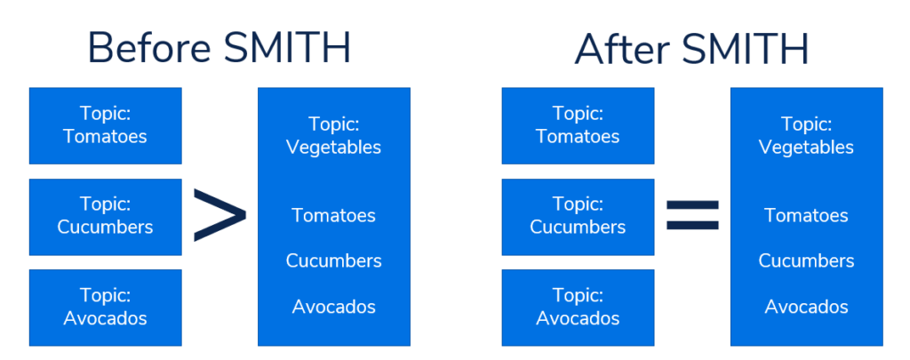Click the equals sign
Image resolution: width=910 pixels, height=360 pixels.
click(x=692, y=215)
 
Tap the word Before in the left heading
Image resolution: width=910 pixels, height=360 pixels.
click(x=148, y=48)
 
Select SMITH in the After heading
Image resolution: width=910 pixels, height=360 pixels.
click(x=745, y=48)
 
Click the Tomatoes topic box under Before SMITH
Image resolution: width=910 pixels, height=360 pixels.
click(x=106, y=125)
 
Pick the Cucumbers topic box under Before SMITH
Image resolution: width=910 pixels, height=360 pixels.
click(x=106, y=217)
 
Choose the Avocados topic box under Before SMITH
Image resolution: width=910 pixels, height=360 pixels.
click(x=106, y=308)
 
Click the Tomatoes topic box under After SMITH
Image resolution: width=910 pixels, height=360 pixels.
click(x=578, y=125)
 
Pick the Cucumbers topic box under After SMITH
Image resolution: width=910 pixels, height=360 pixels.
click(x=578, y=217)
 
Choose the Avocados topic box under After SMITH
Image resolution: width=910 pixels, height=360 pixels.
click(x=578, y=308)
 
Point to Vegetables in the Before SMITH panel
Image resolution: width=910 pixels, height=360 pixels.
click(x=334, y=148)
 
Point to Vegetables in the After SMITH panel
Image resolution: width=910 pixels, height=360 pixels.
click(x=807, y=148)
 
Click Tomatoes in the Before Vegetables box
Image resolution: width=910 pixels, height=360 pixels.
click(x=334, y=215)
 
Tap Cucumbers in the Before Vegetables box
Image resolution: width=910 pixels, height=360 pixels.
click(x=334, y=260)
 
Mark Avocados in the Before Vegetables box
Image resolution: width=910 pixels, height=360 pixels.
click(x=334, y=307)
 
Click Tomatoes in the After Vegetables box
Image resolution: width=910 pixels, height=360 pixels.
click(x=807, y=215)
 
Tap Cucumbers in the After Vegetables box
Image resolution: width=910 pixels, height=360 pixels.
click(x=807, y=260)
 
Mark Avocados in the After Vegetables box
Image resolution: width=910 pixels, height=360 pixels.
click(x=807, y=307)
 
